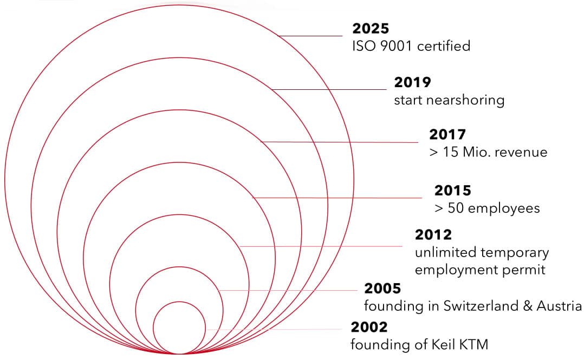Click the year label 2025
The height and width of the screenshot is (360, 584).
pyautogui.click(x=371, y=29)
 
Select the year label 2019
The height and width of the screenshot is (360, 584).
pyautogui.click(x=412, y=83)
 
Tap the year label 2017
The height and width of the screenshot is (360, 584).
pyautogui.click(x=447, y=135)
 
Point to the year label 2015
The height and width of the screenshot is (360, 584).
pyautogui.click(x=452, y=191)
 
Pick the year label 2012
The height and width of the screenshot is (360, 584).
pyautogui.click(x=433, y=235)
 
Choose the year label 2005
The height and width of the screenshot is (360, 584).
pyautogui.click(x=382, y=289)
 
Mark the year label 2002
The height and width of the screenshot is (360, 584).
pyautogui.click(x=369, y=328)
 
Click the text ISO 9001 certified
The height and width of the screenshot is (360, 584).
pyautogui.click(x=411, y=46)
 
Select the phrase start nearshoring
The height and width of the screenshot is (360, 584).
pyautogui.click(x=449, y=100)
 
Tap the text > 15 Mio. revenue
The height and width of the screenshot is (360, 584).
pyautogui.click(x=488, y=152)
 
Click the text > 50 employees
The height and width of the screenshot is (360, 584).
pyautogui.click(x=487, y=208)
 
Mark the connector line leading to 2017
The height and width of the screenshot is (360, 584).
pyautogui.click(x=341, y=142)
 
